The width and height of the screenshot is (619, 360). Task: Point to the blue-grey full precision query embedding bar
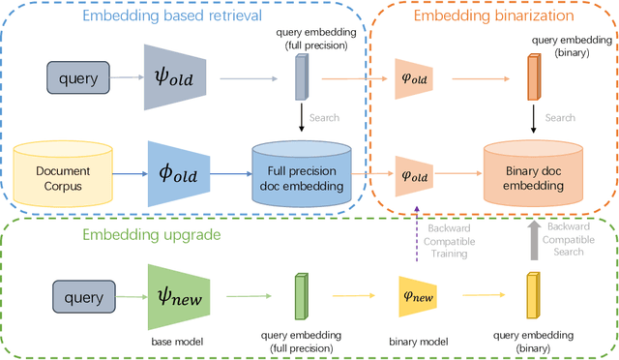pyautogui.click(x=299, y=76)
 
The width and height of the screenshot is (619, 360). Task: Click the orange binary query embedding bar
pyautogui.click(x=532, y=76)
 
